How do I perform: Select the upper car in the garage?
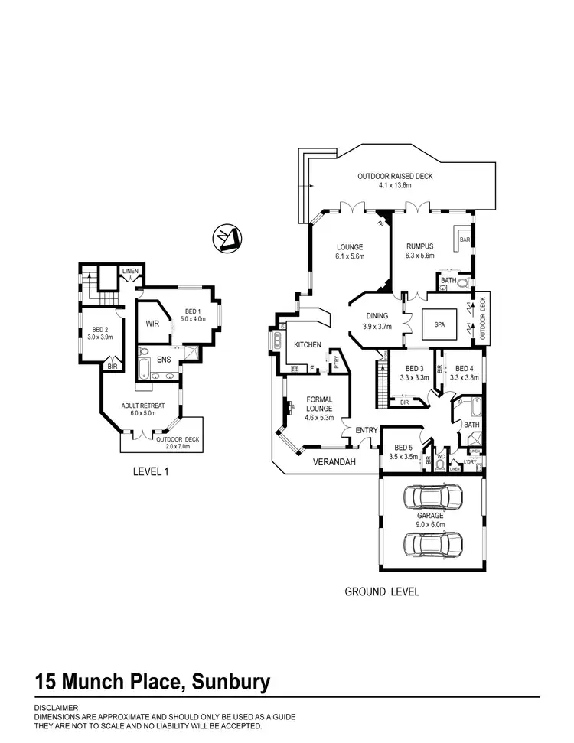tap(433, 498)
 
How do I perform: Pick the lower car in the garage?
tap(433, 544)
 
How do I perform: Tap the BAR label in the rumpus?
tap(465, 240)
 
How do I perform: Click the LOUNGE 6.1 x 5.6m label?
tap(348, 251)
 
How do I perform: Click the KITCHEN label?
tap(308, 345)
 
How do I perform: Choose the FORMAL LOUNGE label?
tap(318, 404)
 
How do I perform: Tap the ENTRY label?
tap(366, 431)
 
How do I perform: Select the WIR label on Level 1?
tap(152, 324)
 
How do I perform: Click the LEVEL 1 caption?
tap(150, 472)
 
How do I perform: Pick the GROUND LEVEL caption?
tap(381, 591)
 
